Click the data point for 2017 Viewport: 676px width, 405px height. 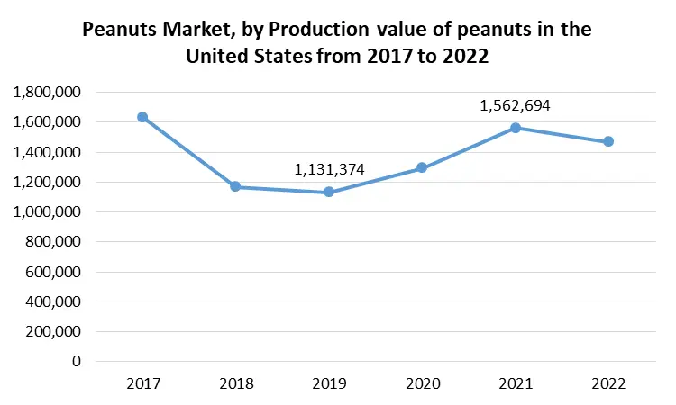(142, 117)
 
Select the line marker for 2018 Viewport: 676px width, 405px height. (236, 186)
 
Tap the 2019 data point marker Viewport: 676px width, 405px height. (329, 192)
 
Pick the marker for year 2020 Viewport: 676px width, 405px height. (422, 167)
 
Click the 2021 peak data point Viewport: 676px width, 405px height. (516, 128)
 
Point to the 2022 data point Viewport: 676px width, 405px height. (608, 141)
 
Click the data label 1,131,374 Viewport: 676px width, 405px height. (329, 169)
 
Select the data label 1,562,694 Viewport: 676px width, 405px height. (515, 105)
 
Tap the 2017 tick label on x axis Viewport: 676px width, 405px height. (142, 384)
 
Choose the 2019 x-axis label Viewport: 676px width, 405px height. (329, 384)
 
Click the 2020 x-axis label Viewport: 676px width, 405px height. (422, 384)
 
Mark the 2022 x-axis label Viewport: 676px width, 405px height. (608, 384)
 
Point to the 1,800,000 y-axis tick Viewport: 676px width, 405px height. (46, 92)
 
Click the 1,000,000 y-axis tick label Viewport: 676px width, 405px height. (46, 211)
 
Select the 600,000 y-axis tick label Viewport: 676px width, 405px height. (51, 272)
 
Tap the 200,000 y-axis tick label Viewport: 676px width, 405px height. (51, 331)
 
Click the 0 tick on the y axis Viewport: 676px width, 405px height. (76, 361)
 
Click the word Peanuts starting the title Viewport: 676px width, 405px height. (121, 30)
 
